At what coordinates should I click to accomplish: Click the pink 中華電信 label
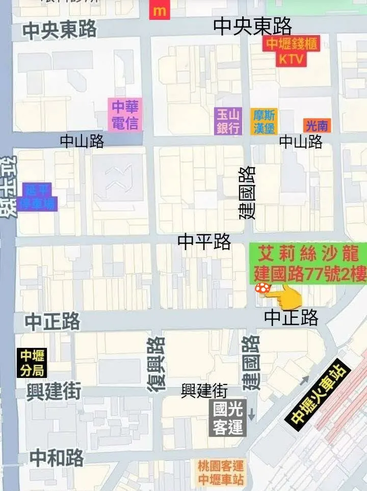tap(125, 115)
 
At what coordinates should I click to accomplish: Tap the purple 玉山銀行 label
tap(228, 121)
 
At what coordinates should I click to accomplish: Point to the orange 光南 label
tap(316, 125)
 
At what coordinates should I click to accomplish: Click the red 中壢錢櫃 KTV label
tap(291, 51)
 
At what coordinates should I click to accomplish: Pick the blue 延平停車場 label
tap(40, 197)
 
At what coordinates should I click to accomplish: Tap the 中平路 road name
tap(204, 241)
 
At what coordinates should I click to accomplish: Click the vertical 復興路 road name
tap(156, 364)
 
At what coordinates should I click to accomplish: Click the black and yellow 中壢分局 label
tap(33, 363)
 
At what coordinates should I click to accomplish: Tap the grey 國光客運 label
tap(228, 418)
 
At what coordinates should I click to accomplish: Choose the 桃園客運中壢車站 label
tap(221, 472)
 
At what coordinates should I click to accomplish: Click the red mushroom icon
tap(263, 288)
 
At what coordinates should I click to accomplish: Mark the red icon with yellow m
tap(160, 10)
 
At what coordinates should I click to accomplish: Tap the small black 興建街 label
tap(204, 391)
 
